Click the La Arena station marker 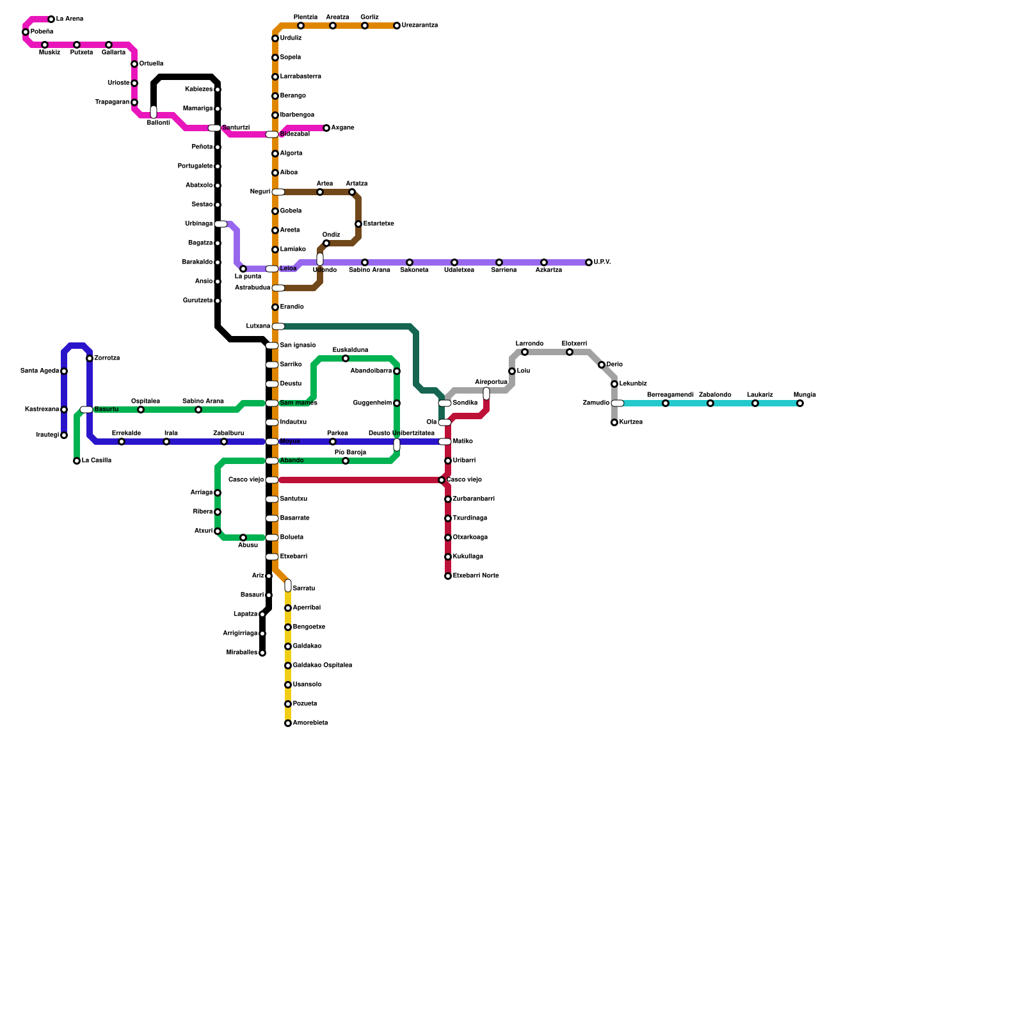click(x=51, y=19)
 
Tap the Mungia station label click(x=804, y=395)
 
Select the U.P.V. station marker click(x=589, y=262)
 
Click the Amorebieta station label click(x=310, y=723)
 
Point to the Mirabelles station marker click(x=262, y=653)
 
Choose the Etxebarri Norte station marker click(x=448, y=576)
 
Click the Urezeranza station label click(x=420, y=26)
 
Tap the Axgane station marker click(x=326, y=128)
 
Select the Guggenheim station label click(x=372, y=403)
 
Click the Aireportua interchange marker click(x=486, y=393)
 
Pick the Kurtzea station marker click(x=614, y=422)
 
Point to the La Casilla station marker click(x=77, y=461)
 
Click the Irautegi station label click(x=47, y=435)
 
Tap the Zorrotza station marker click(x=90, y=358)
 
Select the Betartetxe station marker click(x=358, y=224)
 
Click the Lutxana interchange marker click(x=278, y=326)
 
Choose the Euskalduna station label click(x=350, y=350)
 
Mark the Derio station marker click(x=602, y=365)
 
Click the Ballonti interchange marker click(x=154, y=112)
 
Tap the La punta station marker click(x=243, y=269)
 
